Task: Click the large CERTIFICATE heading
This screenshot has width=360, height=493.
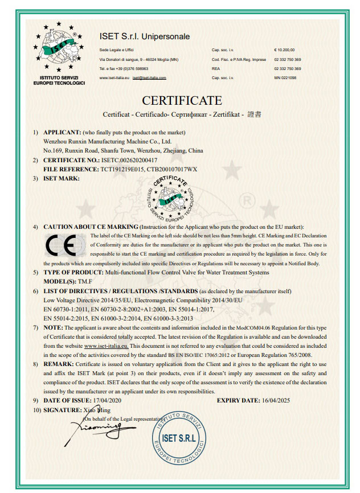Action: [x=182, y=101]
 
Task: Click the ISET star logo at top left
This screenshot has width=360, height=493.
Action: [x=59, y=47]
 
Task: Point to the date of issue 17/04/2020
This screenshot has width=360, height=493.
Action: [x=107, y=400]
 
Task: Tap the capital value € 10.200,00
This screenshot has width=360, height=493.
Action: [x=284, y=50]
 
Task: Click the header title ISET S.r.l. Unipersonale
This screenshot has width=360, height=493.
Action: [x=144, y=36]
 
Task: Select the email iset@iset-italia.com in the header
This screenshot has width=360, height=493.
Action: [x=149, y=77]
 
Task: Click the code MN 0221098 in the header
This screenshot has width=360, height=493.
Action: [x=285, y=77]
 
